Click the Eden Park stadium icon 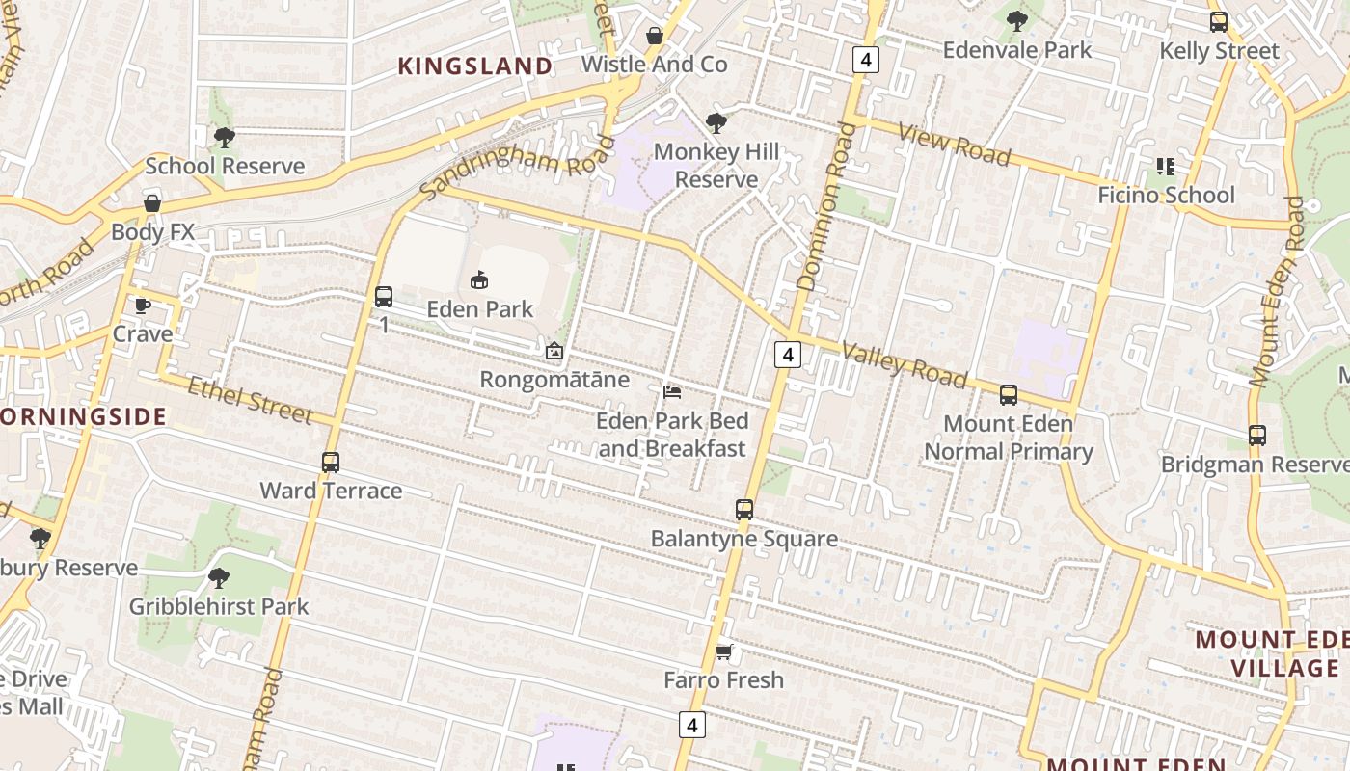pos(479,280)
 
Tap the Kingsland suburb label pos(475,66)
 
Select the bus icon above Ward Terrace pos(331,463)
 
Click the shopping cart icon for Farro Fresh pos(724,652)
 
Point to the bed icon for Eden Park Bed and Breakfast pos(672,392)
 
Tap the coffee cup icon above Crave pos(143,306)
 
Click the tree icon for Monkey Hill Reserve pos(715,122)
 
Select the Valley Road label pos(904,364)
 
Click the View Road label pos(954,144)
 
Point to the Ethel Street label pos(250,399)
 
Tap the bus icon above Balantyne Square pos(744,510)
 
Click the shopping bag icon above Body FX pos(152,203)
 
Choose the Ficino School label pos(1166,195)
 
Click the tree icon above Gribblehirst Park pos(219,578)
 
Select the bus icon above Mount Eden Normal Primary pos(1009,395)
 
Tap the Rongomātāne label pos(554,380)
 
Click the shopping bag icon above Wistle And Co pos(655,37)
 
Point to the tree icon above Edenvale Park pos(1017,21)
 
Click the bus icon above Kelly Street pos(1219,22)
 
